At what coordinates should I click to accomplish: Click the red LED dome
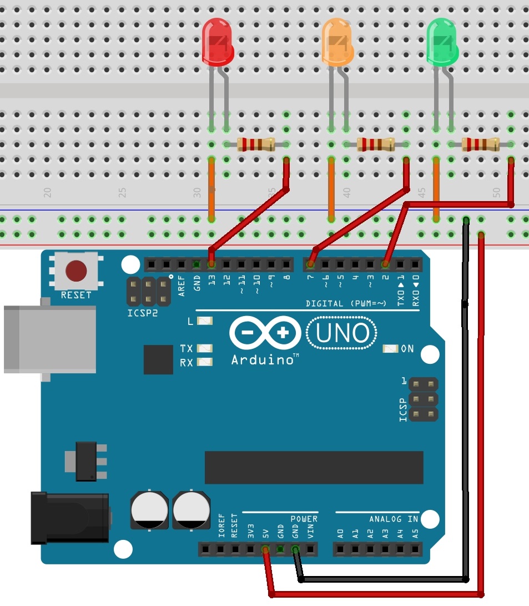217,42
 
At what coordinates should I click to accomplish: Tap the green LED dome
442,42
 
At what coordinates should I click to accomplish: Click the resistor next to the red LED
256,144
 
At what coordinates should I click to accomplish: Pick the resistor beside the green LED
481,144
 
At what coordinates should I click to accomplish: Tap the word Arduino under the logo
263,360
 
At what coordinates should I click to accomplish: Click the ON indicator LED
391,349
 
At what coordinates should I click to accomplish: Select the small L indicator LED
205,321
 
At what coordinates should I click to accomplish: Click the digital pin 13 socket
211,263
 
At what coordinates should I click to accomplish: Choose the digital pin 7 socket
311,263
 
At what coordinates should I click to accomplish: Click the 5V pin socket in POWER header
265,550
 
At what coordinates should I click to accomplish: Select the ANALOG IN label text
394,519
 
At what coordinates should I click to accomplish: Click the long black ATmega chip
314,467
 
